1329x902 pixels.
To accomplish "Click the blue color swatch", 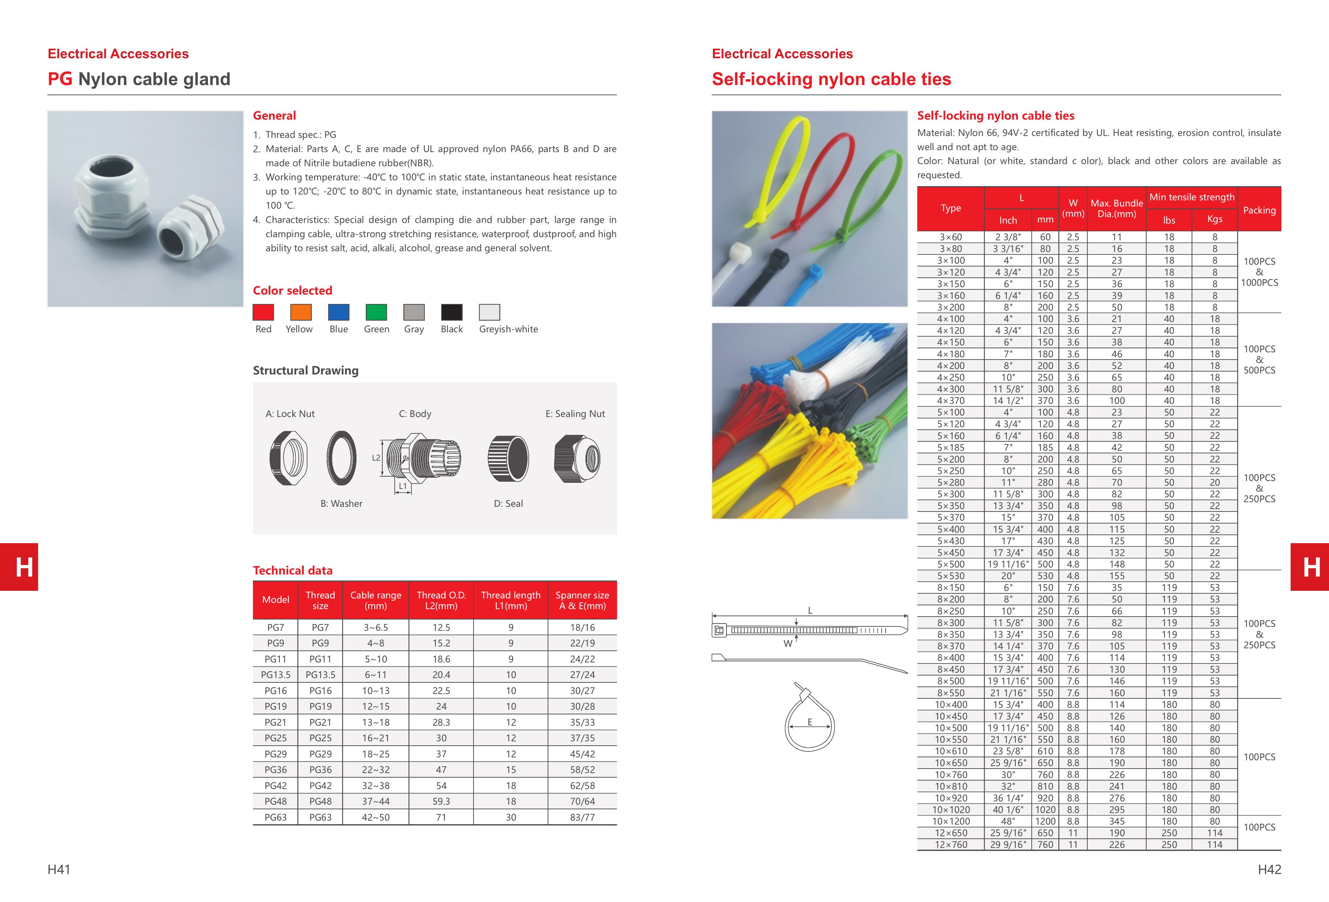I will coord(339,312).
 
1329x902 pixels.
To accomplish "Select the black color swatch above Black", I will coord(452,312).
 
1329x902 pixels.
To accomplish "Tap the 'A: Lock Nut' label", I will coord(290,413).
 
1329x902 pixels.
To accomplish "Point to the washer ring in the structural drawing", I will coord(341,458).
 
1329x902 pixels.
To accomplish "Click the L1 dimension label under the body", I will coord(403,486).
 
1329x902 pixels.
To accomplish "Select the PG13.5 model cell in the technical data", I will coord(275,675).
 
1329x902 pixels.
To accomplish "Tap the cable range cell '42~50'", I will coord(376,817).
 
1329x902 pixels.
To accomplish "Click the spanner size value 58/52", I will coord(582,770).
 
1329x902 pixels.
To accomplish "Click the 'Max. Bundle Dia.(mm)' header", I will coord(1116,209).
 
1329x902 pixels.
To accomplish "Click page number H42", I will coord(1269,869).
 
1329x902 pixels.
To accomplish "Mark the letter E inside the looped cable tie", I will coord(810,722).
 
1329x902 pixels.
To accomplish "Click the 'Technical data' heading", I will coord(292,570).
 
